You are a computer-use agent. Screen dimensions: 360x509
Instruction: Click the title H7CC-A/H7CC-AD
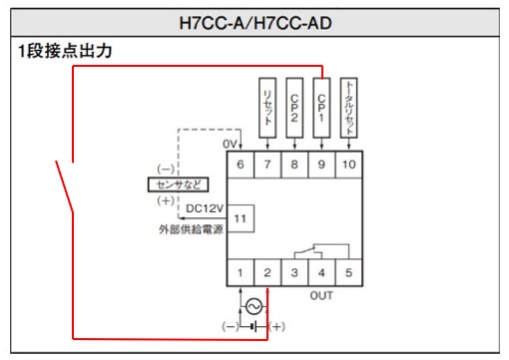tap(254, 19)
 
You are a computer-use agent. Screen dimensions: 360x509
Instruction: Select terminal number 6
tap(241, 164)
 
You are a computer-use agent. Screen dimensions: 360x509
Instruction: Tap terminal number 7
tap(267, 164)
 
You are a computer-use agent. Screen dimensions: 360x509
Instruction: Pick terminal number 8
tap(294, 164)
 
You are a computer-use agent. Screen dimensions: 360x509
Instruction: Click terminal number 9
tap(321, 164)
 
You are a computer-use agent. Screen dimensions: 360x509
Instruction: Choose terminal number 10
tap(348, 164)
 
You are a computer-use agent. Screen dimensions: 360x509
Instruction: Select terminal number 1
tap(241, 271)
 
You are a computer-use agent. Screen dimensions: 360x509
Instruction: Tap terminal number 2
tap(267, 271)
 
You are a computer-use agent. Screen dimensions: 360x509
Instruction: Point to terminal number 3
tap(294, 271)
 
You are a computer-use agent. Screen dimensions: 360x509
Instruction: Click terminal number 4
tap(321, 271)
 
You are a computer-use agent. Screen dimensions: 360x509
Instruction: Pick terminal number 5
tap(348, 271)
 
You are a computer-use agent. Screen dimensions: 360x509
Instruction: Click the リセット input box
tap(267, 103)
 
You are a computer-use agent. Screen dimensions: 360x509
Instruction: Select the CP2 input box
tap(294, 103)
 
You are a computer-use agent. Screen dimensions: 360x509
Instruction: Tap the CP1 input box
tap(321, 103)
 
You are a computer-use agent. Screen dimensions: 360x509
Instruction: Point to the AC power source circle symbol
tap(254, 305)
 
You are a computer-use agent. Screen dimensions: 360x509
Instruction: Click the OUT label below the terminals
tap(321, 295)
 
